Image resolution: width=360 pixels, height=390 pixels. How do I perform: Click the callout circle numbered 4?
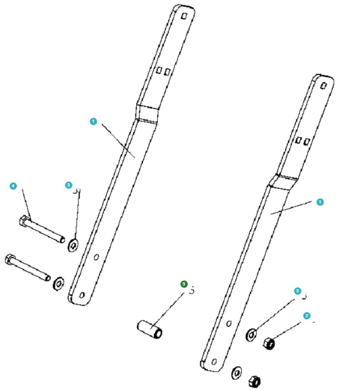(14, 186)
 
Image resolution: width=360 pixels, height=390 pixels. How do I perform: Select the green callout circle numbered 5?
(184, 284)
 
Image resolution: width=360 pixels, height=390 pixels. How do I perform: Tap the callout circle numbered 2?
(307, 315)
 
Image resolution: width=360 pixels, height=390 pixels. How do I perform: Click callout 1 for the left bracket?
(93, 121)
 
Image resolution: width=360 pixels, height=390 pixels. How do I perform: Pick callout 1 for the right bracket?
(320, 201)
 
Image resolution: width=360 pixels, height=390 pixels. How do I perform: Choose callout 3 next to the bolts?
(69, 185)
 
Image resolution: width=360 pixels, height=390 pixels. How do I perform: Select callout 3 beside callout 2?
(297, 291)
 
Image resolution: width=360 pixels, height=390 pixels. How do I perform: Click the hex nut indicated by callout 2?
(269, 343)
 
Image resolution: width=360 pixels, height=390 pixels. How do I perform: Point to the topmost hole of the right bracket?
(324, 86)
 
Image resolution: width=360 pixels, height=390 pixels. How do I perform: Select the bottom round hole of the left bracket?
(81, 295)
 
